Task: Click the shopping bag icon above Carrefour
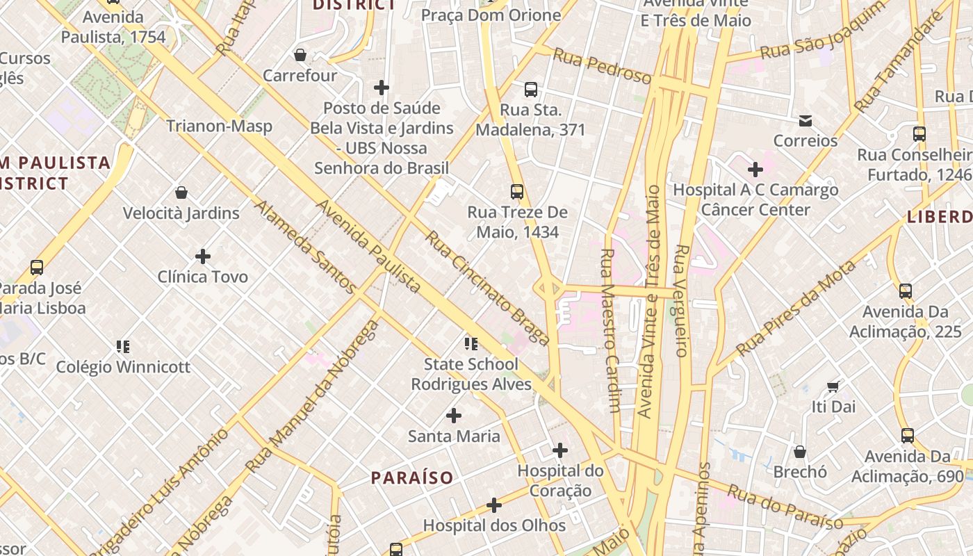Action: (x=300, y=55)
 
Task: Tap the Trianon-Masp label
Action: (x=219, y=126)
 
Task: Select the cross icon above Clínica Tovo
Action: (x=203, y=256)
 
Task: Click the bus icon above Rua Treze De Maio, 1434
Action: (x=516, y=192)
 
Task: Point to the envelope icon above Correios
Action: (x=806, y=121)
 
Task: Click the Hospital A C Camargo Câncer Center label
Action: (x=755, y=199)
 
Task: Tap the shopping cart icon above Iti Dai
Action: (x=833, y=386)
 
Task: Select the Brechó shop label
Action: (x=800, y=472)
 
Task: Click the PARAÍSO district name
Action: (x=412, y=478)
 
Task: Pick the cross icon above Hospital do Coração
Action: (x=560, y=450)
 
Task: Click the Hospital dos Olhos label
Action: (x=494, y=525)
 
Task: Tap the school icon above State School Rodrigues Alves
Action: (x=471, y=344)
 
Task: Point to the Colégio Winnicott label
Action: (x=123, y=367)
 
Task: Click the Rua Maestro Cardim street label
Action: (x=610, y=331)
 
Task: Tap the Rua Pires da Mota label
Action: (x=796, y=308)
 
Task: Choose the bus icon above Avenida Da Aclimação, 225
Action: (x=906, y=291)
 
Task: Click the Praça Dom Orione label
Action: (x=491, y=15)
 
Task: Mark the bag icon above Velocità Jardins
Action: (x=181, y=193)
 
